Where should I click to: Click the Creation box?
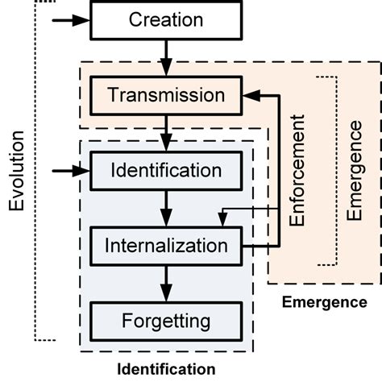pyautogui.click(x=166, y=20)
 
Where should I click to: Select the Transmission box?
pyautogui.click(x=166, y=96)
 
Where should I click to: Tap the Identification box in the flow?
pyautogui.click(x=166, y=171)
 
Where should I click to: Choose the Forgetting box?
pyautogui.click(x=166, y=321)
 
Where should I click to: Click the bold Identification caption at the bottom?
pyautogui.click(x=166, y=370)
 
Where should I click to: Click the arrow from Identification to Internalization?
pyautogui.click(x=166, y=208)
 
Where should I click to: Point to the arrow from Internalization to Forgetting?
pyautogui.click(x=166, y=283)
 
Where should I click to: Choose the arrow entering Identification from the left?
pyautogui.click(x=69, y=171)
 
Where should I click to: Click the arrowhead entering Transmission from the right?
pyautogui.click(x=250, y=96)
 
